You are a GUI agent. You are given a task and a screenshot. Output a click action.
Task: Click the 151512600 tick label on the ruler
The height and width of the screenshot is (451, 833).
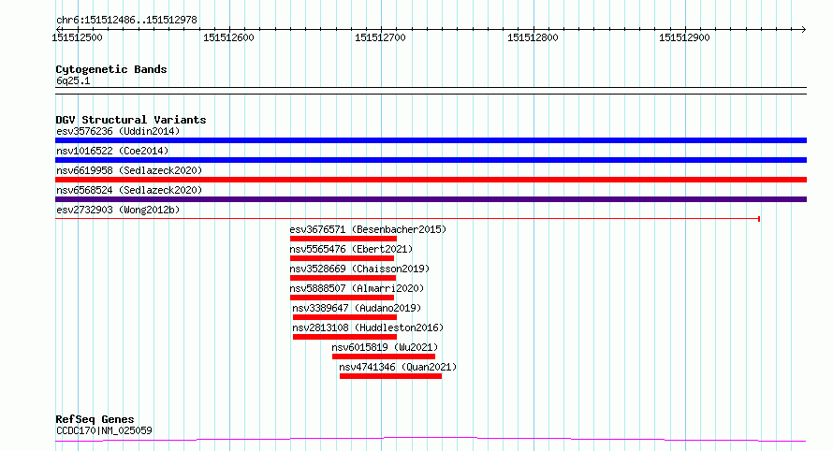pos(229,37)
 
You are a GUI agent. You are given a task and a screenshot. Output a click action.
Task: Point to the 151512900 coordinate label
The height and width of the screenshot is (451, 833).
pos(684,37)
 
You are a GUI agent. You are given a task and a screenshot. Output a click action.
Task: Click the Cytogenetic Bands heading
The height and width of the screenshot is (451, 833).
pos(111,69)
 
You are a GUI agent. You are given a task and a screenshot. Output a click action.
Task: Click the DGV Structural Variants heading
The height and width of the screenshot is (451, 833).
pos(130,120)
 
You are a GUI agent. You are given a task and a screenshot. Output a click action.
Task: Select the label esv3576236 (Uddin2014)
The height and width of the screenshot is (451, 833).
pos(118,131)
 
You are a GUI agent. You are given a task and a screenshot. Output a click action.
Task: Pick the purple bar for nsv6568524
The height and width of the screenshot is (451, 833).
pos(431,199)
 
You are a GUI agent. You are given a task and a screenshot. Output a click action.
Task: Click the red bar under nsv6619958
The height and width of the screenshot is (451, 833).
pos(431,180)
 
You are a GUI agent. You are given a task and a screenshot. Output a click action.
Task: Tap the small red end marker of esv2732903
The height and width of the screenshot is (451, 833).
pos(758,219)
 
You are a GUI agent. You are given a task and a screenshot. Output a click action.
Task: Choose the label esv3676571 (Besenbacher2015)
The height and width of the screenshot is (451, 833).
pos(368,229)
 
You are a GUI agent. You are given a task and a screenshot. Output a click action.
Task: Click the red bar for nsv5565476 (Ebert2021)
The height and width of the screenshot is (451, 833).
pos(343,258)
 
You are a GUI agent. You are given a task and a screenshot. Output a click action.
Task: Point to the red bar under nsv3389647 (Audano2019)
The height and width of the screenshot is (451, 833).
pos(343,317)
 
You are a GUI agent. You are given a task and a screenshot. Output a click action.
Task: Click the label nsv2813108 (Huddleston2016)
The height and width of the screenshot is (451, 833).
pos(368,327)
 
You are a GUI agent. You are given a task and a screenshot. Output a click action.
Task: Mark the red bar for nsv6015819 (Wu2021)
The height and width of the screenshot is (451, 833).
pos(383,356)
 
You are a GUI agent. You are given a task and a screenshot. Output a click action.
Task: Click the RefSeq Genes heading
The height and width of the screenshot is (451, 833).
pos(95,419)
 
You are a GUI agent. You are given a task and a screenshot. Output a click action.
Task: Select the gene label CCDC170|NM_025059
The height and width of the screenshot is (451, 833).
pos(104,430)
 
